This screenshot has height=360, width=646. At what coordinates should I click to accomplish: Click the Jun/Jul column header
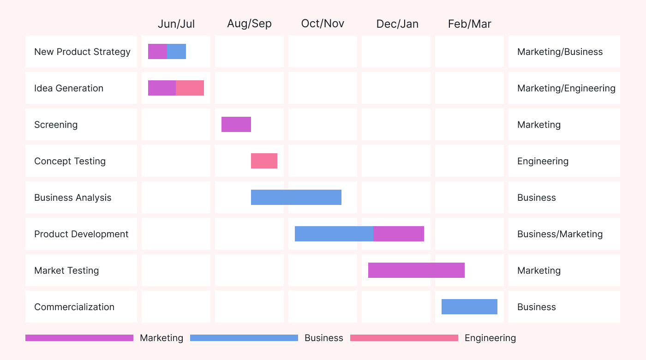[176, 24]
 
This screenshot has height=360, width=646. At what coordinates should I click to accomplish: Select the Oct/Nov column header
[323, 24]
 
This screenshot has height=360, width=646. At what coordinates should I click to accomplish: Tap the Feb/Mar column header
[469, 24]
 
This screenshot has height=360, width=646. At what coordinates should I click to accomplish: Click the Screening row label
[56, 125]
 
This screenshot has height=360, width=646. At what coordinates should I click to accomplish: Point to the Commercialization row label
[74, 307]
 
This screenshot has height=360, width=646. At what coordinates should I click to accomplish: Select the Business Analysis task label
[73, 198]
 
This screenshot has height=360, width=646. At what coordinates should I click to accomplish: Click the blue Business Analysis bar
[296, 198]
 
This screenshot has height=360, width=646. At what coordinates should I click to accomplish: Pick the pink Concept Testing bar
[264, 161]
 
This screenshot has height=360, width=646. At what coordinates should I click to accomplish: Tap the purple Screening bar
[236, 125]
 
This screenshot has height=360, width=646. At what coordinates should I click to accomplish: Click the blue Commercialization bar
[469, 307]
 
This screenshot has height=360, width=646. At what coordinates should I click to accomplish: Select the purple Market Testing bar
[416, 270]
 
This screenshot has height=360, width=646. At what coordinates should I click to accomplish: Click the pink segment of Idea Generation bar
[190, 88]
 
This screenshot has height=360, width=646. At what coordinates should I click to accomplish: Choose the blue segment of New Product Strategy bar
[176, 52]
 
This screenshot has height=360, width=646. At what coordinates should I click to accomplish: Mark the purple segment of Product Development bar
[399, 234]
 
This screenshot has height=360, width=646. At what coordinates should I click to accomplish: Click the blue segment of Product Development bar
[334, 234]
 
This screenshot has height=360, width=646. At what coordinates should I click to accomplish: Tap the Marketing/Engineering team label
[566, 88]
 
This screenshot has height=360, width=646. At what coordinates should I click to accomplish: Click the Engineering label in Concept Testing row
[543, 161]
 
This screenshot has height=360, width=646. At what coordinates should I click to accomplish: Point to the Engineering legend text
[490, 338]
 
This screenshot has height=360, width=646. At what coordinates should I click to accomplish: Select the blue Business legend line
[244, 338]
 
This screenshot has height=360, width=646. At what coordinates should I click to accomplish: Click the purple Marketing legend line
[79, 338]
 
